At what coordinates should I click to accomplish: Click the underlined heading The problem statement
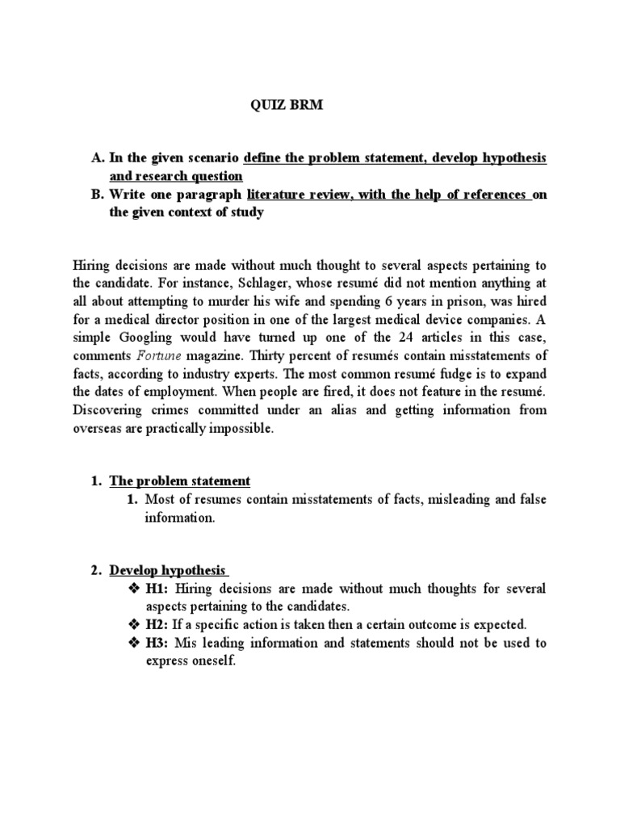coord(180,481)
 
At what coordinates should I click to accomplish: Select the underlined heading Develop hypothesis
coord(168,570)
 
